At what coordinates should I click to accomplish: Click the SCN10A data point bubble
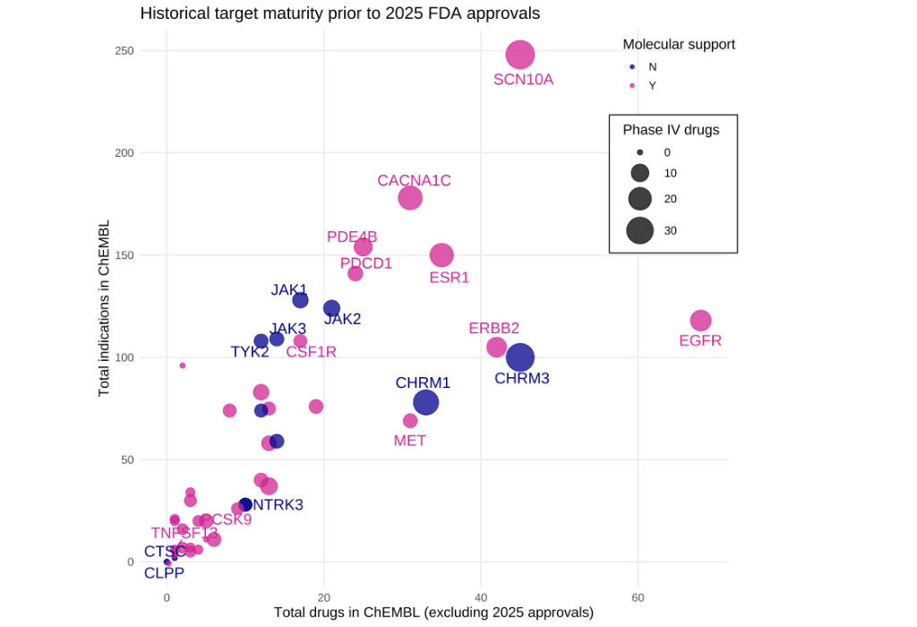tap(519, 55)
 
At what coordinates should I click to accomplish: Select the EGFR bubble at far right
tap(700, 321)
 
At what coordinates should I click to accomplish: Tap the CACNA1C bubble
tap(410, 198)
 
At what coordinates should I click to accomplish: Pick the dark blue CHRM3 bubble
tap(519, 357)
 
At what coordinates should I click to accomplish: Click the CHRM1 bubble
tap(426, 402)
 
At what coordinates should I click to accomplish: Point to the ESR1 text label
tap(449, 278)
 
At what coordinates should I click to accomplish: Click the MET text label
tap(410, 441)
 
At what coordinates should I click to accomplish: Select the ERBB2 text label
tap(493, 329)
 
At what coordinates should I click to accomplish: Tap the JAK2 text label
tap(342, 319)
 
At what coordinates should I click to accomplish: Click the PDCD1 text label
tap(366, 263)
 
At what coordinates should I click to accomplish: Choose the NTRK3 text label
tap(278, 505)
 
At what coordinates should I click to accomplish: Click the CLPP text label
tap(164, 573)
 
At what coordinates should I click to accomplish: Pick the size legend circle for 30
tap(639, 230)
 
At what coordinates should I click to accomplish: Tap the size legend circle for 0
tap(639, 153)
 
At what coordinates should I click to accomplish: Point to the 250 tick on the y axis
tap(124, 51)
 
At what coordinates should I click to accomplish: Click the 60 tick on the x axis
tap(638, 597)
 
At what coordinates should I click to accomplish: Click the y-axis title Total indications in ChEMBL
tap(104, 308)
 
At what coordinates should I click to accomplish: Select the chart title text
tap(339, 13)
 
